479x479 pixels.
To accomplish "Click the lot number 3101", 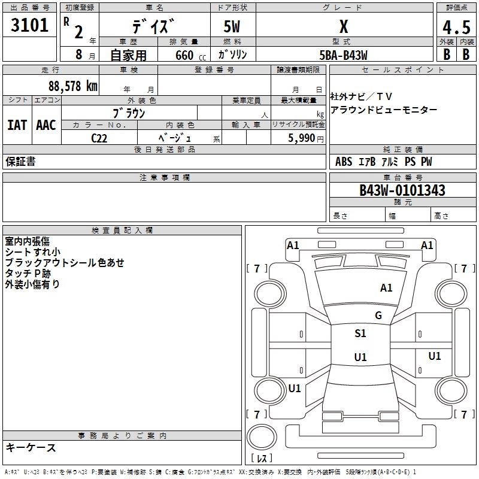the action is click(29, 26).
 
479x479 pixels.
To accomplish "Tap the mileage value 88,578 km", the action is click(72, 86).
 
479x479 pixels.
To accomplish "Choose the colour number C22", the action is click(100, 138).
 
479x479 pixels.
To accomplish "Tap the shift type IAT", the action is click(17, 125).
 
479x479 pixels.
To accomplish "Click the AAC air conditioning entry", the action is click(46, 125).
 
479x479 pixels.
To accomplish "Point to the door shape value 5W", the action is click(232, 28).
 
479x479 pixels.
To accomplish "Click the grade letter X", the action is click(343, 27).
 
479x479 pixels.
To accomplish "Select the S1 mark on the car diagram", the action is click(360, 334).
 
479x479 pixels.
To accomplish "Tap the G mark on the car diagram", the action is click(378, 315).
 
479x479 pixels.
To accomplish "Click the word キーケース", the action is click(31, 448).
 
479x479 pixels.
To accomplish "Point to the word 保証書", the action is click(20, 162).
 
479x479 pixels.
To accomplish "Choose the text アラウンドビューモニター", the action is click(384, 110).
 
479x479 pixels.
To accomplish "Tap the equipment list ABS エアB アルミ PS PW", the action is click(384, 162).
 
